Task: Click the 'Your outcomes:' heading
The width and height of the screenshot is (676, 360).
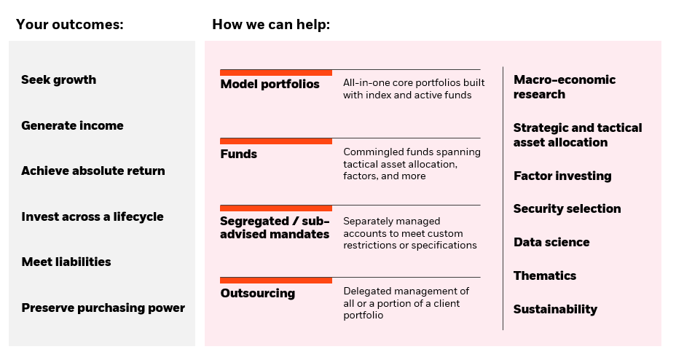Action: pyautogui.click(x=70, y=25)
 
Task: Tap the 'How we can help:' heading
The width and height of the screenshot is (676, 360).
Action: pyautogui.click(x=271, y=25)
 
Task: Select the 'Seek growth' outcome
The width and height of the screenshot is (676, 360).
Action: pyautogui.click(x=58, y=80)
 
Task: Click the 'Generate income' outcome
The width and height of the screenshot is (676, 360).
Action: pyautogui.click(x=72, y=125)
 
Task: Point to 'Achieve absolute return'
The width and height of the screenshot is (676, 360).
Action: pyautogui.click(x=93, y=171)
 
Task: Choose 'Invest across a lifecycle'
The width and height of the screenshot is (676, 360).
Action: pyautogui.click(x=93, y=216)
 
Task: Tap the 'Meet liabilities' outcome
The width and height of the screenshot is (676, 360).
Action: pyautogui.click(x=66, y=262)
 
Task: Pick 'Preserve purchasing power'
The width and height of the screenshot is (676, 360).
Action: pyautogui.click(x=103, y=308)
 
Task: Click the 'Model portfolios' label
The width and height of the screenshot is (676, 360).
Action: pyautogui.click(x=270, y=84)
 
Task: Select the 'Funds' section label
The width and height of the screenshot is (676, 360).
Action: pyautogui.click(x=238, y=154)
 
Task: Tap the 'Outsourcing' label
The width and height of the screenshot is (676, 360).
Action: pyautogui.click(x=258, y=293)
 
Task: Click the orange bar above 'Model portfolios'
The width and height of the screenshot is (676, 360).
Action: pyautogui.click(x=276, y=72)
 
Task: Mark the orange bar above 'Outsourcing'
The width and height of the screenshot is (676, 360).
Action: pyautogui.click(x=276, y=281)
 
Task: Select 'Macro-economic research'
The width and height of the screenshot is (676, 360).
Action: pyautogui.click(x=565, y=87)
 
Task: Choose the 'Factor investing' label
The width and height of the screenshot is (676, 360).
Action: pyautogui.click(x=562, y=176)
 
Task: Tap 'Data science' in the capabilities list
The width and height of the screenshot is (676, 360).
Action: pyautogui.click(x=551, y=242)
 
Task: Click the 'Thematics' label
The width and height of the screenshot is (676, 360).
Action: pyautogui.click(x=545, y=275)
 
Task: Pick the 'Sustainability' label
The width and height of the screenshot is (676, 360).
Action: pyautogui.click(x=555, y=309)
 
